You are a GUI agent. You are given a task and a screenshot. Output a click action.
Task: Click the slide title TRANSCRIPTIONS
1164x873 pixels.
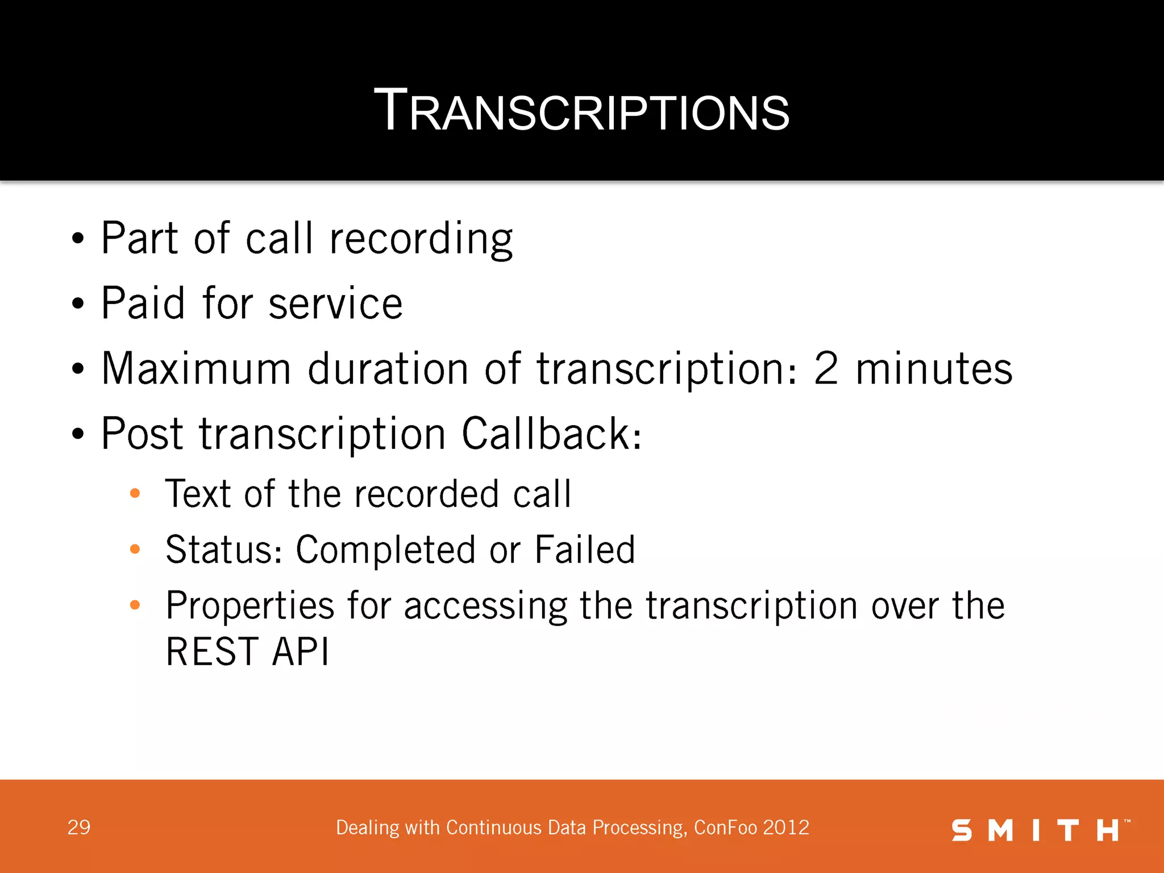[x=581, y=111]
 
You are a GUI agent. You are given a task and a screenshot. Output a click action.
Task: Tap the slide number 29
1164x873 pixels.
[x=79, y=828]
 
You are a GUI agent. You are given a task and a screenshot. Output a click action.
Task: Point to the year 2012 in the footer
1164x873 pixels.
[x=786, y=828]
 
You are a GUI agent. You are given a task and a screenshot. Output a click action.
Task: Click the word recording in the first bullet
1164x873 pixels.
[x=421, y=239]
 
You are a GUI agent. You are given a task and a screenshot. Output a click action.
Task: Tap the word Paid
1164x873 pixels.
[x=143, y=304]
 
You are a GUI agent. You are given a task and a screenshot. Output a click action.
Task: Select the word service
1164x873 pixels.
[x=335, y=304]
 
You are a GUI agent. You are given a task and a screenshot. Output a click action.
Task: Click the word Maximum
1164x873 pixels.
[x=197, y=369]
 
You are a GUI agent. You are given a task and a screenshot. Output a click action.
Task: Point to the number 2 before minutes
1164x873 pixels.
[x=826, y=369]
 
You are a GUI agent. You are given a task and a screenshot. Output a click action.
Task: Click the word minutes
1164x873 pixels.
[x=934, y=369]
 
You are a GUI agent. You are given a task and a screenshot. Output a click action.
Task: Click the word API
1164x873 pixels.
[x=301, y=651]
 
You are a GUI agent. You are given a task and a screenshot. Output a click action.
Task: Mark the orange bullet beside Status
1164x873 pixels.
[x=135, y=549]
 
